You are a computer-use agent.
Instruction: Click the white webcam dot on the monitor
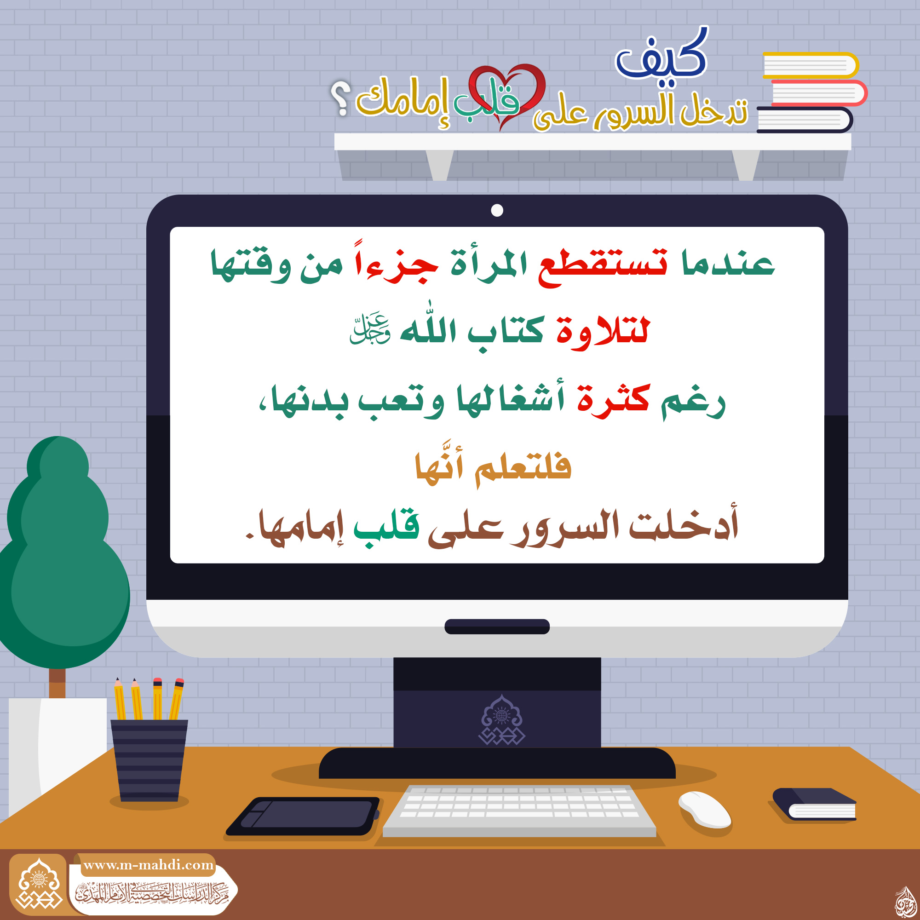[497, 210]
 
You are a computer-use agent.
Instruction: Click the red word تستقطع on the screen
[603, 264]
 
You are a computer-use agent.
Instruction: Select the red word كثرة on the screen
[613, 400]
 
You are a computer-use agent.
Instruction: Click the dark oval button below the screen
[497, 626]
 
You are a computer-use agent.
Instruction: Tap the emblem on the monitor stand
[501, 719]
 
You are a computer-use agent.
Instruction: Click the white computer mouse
[705, 810]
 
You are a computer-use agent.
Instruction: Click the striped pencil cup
[149, 760]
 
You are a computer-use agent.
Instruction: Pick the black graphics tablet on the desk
[304, 816]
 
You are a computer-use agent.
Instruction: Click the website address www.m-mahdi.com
[149, 865]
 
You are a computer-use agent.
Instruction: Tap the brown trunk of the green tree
[57, 682]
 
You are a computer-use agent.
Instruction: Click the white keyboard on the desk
[519, 811]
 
